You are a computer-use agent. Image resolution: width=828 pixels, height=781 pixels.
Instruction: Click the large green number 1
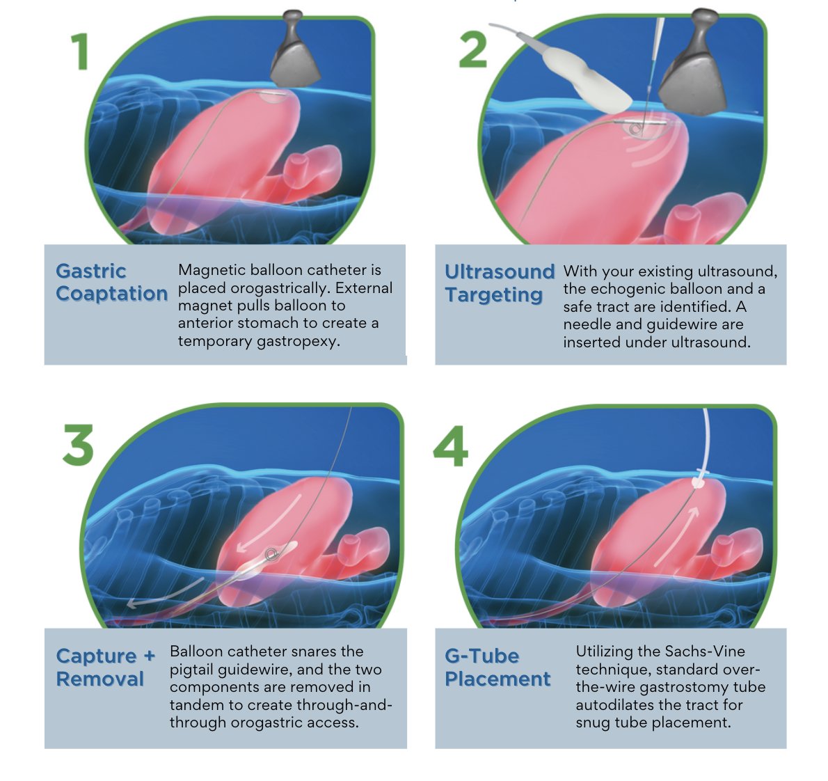click(x=80, y=52)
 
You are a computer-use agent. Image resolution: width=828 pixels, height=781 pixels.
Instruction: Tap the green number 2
click(x=472, y=49)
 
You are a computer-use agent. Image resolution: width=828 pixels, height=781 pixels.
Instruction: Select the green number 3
click(x=78, y=445)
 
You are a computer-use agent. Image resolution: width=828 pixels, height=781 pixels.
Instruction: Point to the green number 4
click(x=450, y=446)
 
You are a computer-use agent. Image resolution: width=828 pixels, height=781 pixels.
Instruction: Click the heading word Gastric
click(x=91, y=271)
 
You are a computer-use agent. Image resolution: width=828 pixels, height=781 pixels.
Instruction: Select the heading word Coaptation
click(x=112, y=294)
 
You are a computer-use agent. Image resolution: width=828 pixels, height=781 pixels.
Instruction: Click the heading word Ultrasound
click(x=500, y=271)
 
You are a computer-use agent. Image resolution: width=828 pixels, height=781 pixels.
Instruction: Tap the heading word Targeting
click(x=494, y=295)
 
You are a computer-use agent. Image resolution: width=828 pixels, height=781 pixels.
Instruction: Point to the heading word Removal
click(x=99, y=679)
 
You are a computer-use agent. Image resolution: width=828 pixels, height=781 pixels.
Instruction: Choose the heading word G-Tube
click(x=481, y=656)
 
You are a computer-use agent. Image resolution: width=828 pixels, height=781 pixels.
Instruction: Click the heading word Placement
click(x=497, y=679)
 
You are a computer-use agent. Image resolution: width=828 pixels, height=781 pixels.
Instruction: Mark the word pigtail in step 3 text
click(x=191, y=670)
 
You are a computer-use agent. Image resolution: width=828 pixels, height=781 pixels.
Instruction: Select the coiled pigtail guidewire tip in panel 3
click(x=271, y=554)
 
